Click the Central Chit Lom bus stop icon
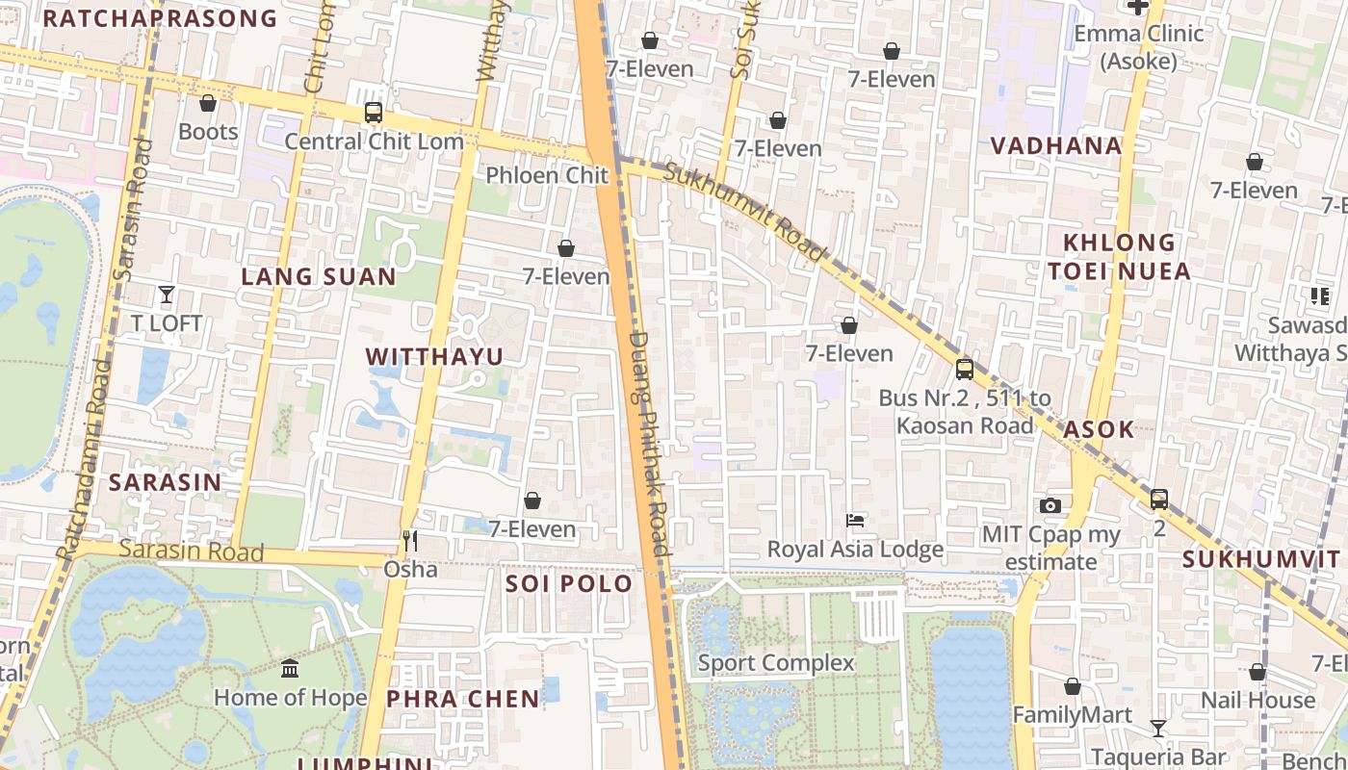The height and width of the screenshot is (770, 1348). pyautogui.click(x=374, y=113)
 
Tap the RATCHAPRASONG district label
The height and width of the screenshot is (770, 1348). pyautogui.click(x=160, y=18)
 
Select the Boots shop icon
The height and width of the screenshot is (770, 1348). pyautogui.click(x=208, y=103)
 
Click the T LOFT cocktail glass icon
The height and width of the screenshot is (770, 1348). pyautogui.click(x=167, y=295)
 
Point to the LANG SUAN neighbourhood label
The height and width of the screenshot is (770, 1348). pyautogui.click(x=318, y=277)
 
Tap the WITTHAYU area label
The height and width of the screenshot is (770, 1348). pyautogui.click(x=434, y=357)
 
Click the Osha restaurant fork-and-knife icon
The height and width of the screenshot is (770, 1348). pyautogui.click(x=410, y=541)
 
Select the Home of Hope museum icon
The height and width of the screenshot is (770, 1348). pyautogui.click(x=290, y=668)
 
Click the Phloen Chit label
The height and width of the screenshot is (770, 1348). pyautogui.click(x=547, y=175)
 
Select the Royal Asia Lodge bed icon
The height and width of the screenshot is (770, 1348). pyautogui.click(x=855, y=521)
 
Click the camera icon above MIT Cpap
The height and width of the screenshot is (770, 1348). pyautogui.click(x=1050, y=505)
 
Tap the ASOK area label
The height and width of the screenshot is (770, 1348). pyautogui.click(x=1099, y=429)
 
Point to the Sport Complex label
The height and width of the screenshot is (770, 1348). pyautogui.click(x=775, y=663)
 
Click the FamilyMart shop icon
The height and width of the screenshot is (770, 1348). pyautogui.click(x=1073, y=686)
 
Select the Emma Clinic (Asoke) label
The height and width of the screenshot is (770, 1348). pyautogui.click(x=1138, y=47)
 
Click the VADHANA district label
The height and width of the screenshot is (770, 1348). pyautogui.click(x=1056, y=146)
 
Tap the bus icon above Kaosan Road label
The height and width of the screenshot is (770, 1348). pyautogui.click(x=964, y=370)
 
